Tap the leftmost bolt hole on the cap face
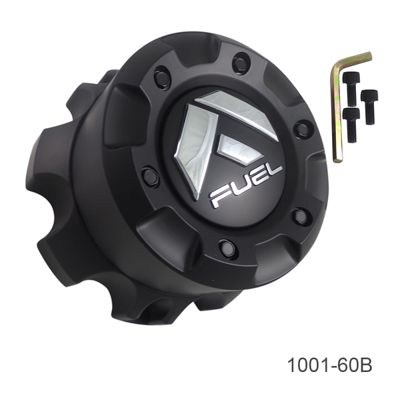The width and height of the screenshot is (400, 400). (x=150, y=176)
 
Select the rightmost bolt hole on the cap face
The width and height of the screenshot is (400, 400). (x=302, y=129)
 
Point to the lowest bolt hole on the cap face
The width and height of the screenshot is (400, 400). (x=227, y=247)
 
